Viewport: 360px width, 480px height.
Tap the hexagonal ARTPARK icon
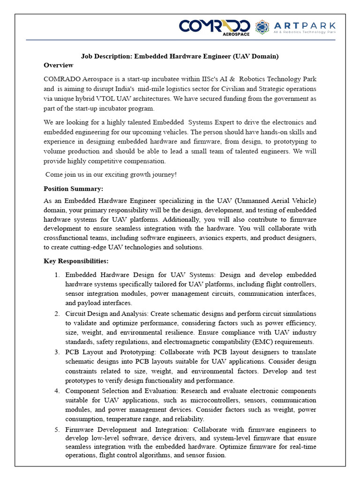click(262, 27)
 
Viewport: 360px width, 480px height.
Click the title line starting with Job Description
click(180, 56)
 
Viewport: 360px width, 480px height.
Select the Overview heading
click(59, 65)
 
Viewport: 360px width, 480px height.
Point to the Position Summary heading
click(74, 188)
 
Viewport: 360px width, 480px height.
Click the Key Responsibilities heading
click(76, 261)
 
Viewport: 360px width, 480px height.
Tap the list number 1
click(57, 275)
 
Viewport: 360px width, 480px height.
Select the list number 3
click(57, 352)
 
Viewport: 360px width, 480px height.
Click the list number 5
click(57, 429)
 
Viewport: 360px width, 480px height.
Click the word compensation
click(143, 161)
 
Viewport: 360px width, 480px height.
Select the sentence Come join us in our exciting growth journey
click(111, 174)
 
